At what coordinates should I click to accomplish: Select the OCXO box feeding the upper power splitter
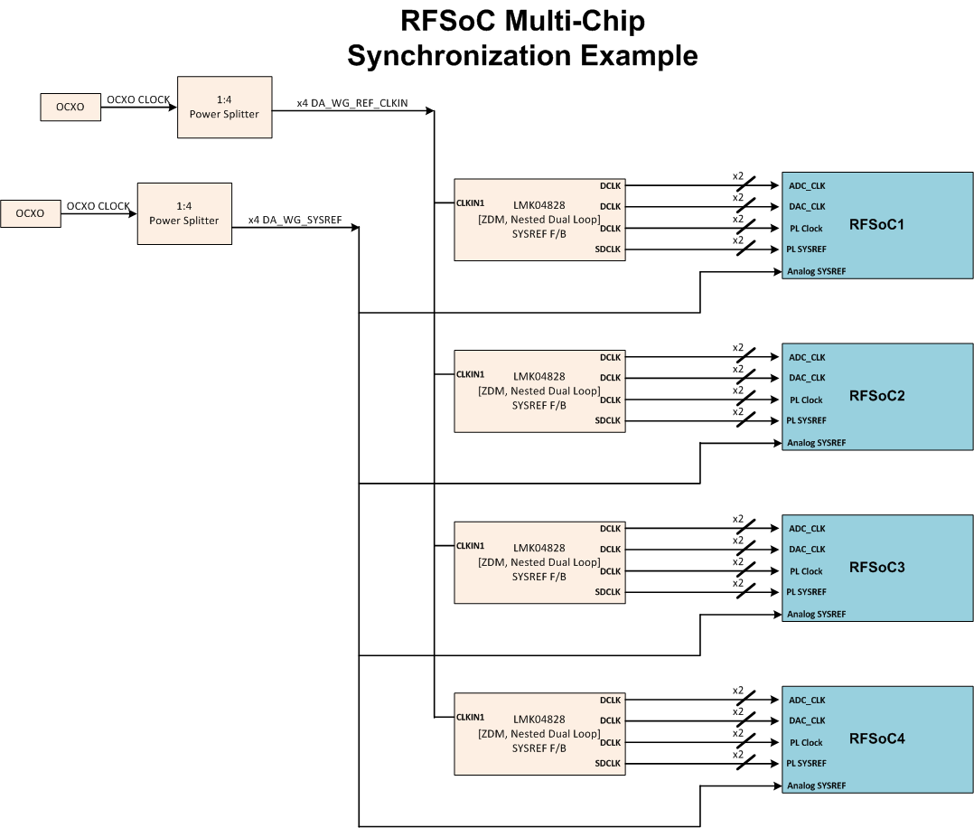(70, 107)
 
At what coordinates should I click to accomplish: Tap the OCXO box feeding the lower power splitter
(31, 213)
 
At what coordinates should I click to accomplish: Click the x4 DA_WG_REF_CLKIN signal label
(352, 103)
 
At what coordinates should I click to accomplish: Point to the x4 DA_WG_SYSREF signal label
(295, 220)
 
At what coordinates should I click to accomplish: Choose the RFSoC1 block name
(876, 224)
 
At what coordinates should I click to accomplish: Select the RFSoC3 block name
(876, 567)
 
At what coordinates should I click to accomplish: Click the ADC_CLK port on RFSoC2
(807, 357)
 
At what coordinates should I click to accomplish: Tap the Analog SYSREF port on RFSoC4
(816, 786)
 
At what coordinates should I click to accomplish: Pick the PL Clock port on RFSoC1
(806, 229)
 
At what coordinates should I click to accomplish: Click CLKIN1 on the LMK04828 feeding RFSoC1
(470, 203)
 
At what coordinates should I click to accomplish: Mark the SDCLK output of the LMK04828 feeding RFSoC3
(607, 592)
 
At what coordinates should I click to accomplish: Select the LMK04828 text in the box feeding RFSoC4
(539, 720)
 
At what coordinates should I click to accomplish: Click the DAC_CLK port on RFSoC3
(807, 550)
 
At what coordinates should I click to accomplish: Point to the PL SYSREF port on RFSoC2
(806, 421)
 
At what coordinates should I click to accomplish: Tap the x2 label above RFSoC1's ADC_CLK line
(738, 176)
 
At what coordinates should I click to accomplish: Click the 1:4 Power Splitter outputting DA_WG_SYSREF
(184, 214)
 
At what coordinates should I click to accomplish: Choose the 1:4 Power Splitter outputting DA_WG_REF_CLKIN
(225, 107)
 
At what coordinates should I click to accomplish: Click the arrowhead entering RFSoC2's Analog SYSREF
(777, 443)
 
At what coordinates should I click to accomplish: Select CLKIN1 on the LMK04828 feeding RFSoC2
(470, 374)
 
